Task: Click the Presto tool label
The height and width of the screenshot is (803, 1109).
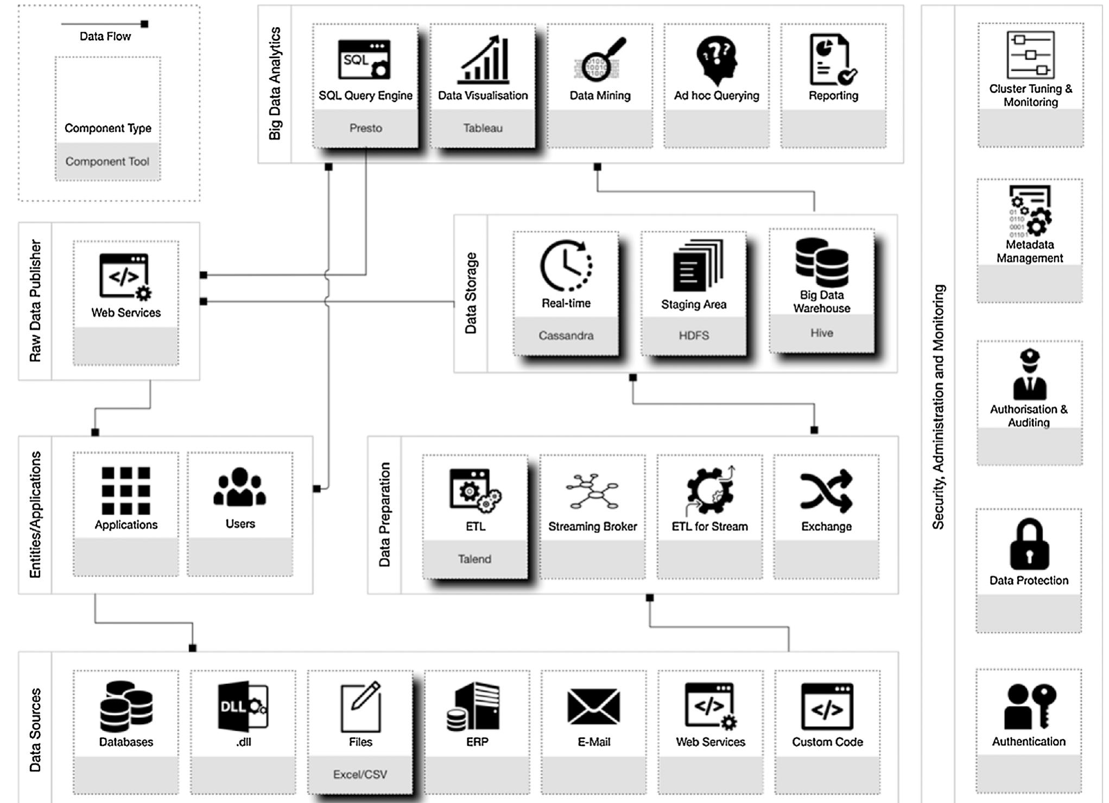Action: (x=365, y=128)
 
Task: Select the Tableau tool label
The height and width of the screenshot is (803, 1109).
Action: (x=483, y=128)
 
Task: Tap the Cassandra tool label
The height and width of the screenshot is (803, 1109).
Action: (x=566, y=335)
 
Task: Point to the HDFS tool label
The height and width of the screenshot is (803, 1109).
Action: (x=693, y=335)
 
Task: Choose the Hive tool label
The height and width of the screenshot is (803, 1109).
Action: (x=821, y=333)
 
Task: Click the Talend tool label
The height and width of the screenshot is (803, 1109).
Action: (x=474, y=559)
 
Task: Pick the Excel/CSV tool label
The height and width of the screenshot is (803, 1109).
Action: (x=360, y=774)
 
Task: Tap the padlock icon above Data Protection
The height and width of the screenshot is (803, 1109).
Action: (x=1029, y=544)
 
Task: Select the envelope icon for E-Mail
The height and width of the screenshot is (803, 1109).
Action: (x=593, y=706)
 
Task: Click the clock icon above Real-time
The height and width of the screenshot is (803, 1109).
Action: (x=566, y=266)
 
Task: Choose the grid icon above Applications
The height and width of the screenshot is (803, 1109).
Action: (x=126, y=490)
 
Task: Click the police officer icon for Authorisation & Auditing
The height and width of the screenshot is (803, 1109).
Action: (x=1029, y=374)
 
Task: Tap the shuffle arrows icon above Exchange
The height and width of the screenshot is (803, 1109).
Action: (x=826, y=491)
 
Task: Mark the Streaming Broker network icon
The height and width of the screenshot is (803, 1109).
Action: (x=592, y=491)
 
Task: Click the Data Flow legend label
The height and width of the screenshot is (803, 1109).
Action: (x=105, y=36)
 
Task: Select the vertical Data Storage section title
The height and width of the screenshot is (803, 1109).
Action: (x=471, y=293)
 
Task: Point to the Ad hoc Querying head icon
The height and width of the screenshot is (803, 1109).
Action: (x=717, y=60)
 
